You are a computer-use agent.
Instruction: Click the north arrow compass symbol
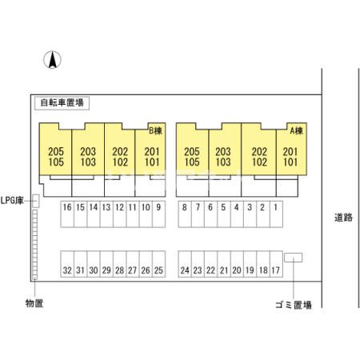52,60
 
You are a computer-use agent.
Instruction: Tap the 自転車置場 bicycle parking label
62,103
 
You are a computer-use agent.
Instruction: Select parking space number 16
67,214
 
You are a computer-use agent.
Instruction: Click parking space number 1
276,214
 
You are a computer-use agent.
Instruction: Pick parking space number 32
67,264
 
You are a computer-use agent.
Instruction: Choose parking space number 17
276,264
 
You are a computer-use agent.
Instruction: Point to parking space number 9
159,214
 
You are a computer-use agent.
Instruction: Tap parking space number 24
185,264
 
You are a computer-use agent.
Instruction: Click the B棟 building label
155,130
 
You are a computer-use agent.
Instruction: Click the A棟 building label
296,130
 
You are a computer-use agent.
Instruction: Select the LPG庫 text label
12,200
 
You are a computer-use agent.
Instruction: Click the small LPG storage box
36,201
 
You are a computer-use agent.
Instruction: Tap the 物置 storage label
34,303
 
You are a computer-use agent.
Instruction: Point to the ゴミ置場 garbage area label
294,305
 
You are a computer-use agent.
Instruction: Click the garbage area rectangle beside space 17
293,258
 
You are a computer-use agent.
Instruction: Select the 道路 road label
343,218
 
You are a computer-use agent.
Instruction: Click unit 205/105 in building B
56,157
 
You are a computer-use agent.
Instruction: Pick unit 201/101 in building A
291,157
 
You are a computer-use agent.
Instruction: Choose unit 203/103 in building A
223,157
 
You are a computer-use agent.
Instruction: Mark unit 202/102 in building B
120,157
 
